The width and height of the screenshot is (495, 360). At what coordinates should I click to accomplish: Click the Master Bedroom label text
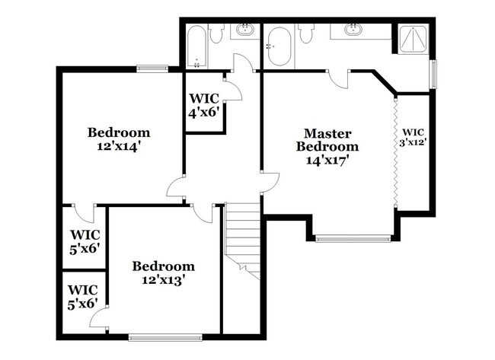pos(327,139)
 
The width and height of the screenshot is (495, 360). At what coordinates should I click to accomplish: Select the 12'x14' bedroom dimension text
pos(118,146)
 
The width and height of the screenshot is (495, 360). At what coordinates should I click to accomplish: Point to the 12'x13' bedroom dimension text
pos(163,279)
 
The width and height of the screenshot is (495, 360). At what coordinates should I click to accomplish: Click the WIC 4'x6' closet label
pos(204,104)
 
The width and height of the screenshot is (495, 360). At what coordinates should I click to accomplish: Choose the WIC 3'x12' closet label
pos(414,135)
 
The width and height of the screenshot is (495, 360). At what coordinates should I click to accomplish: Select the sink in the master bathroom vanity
pos(353,30)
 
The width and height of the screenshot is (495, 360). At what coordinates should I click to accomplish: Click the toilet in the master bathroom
pos(306,33)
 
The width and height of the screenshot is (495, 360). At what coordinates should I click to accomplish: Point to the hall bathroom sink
pos(245,30)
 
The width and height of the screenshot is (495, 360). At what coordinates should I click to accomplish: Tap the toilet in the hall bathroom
pos(216,33)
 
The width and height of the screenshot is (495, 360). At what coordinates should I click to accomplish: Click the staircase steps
pos(243,236)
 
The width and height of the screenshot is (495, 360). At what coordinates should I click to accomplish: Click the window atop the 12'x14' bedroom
pos(152,69)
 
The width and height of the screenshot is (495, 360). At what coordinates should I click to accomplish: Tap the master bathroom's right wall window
pos(433,74)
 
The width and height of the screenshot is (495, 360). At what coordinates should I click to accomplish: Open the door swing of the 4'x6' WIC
pos(232,91)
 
